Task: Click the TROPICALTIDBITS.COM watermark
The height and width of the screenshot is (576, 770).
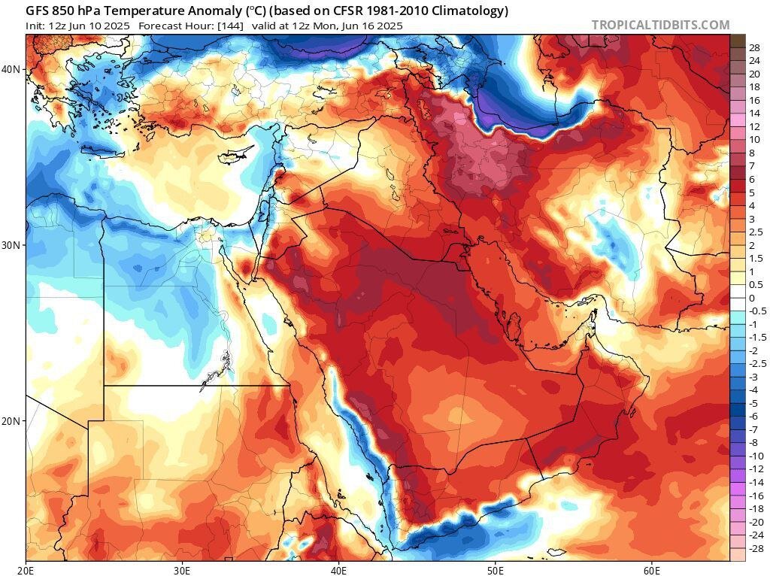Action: pos(660,25)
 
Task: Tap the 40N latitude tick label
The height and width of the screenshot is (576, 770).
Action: pos(11,69)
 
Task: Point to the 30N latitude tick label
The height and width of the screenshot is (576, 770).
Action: pos(11,245)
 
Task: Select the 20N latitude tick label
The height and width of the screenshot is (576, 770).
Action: pos(11,421)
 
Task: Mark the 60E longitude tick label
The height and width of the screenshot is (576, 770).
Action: pos(651,569)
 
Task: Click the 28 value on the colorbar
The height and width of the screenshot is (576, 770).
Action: pos(754,48)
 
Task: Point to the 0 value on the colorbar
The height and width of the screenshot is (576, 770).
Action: pos(751,298)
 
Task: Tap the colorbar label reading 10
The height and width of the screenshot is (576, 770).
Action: pos(754,140)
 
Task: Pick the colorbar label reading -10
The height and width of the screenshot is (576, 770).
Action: pos(756,456)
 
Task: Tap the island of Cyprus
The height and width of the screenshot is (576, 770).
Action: pos(235,159)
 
